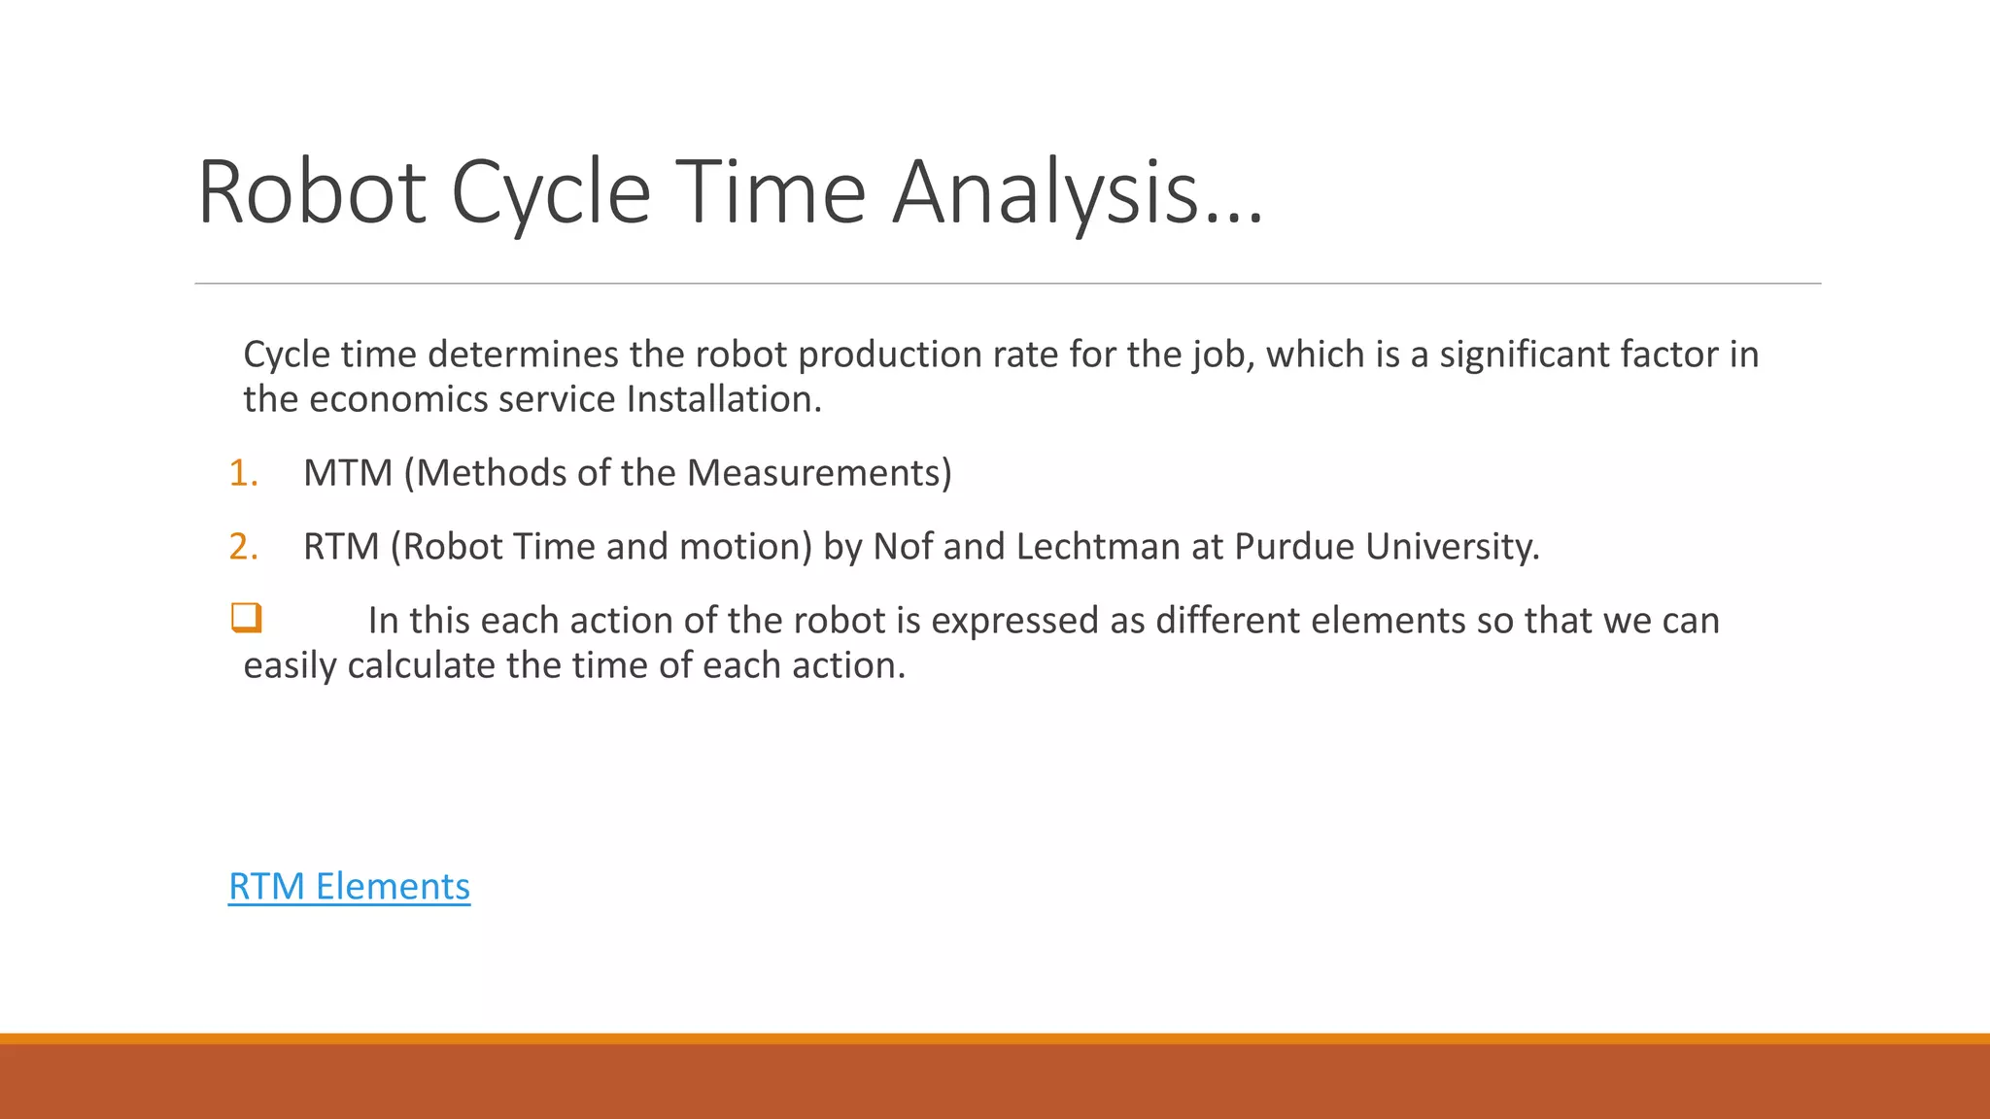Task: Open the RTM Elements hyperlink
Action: [x=349, y=886]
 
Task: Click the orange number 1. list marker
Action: [x=243, y=473]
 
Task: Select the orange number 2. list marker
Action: [x=243, y=547]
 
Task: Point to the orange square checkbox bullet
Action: [x=246, y=618]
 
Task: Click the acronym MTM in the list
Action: [x=347, y=473]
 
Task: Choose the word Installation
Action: [x=724, y=399]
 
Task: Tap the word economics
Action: [x=398, y=399]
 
